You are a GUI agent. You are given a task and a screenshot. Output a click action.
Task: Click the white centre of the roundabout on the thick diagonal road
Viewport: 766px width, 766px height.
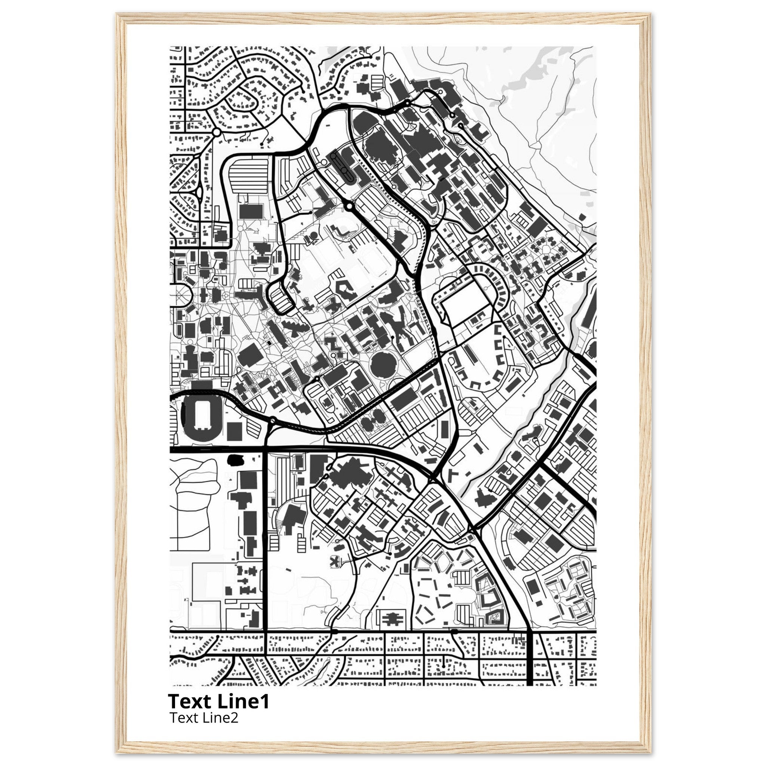[349, 206]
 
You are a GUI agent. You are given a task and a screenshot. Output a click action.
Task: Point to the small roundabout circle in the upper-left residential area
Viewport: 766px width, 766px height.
[217, 132]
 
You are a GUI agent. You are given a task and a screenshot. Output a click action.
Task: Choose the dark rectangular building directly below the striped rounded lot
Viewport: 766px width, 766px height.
[251, 212]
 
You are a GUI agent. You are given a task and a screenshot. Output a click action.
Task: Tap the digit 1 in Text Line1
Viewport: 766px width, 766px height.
[265, 701]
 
